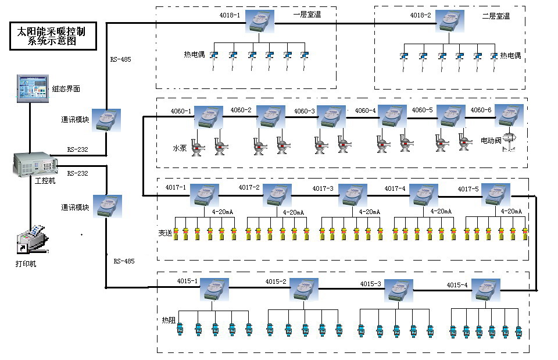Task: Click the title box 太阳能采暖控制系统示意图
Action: click(x=52, y=35)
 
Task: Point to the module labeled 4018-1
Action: click(x=262, y=21)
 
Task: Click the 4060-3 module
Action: click(x=331, y=116)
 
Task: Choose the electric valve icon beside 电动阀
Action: click(x=510, y=141)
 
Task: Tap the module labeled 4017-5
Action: click(x=496, y=195)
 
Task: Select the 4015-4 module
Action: click(x=485, y=290)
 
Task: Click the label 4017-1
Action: click(x=176, y=187)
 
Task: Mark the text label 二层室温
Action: click(x=496, y=16)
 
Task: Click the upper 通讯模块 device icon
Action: click(x=106, y=120)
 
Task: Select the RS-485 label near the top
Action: click(x=120, y=59)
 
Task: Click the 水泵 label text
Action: click(x=180, y=148)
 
